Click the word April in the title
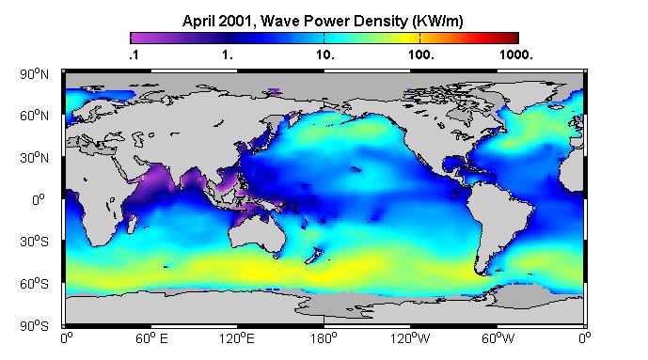[x=198, y=21]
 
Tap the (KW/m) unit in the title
[x=437, y=21]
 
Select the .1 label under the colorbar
[x=134, y=55]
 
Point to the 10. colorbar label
[x=325, y=55]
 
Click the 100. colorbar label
[x=421, y=55]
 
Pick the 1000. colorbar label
[x=516, y=55]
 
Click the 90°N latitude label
[x=34, y=74]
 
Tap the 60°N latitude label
[x=34, y=116]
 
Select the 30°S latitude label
[x=34, y=242]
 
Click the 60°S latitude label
[x=34, y=284]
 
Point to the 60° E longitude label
[x=151, y=339]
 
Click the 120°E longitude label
[x=237, y=339]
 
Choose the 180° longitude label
[x=324, y=339]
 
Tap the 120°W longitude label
[x=410, y=339]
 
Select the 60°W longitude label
[x=498, y=339]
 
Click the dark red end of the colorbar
[x=514, y=38]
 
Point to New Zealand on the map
[x=314, y=255]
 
